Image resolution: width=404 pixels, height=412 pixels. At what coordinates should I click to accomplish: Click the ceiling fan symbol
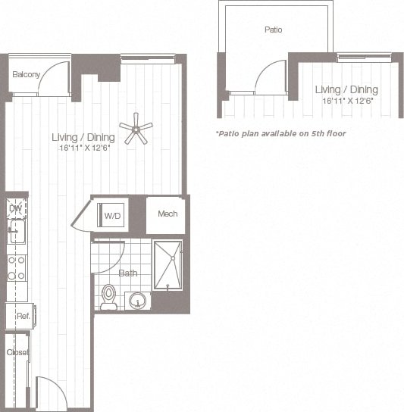(x=136, y=129)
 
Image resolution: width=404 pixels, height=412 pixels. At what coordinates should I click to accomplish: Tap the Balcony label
(x=25, y=75)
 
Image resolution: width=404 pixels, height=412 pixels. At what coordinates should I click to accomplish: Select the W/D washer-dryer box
(x=112, y=215)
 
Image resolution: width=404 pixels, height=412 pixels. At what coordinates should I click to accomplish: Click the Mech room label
(x=168, y=214)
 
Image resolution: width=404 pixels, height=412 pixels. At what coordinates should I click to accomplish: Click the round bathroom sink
(x=137, y=301)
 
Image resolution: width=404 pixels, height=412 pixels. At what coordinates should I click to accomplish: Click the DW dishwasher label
(x=15, y=208)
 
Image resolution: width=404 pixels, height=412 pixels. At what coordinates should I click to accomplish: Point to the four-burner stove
(x=16, y=267)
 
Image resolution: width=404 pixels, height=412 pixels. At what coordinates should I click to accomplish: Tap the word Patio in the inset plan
(x=274, y=30)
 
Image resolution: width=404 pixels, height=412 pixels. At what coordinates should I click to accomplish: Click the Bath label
(x=128, y=273)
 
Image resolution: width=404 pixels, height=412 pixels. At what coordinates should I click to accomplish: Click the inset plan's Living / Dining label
(x=346, y=90)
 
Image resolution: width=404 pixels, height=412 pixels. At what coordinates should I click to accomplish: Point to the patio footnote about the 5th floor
(x=280, y=133)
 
